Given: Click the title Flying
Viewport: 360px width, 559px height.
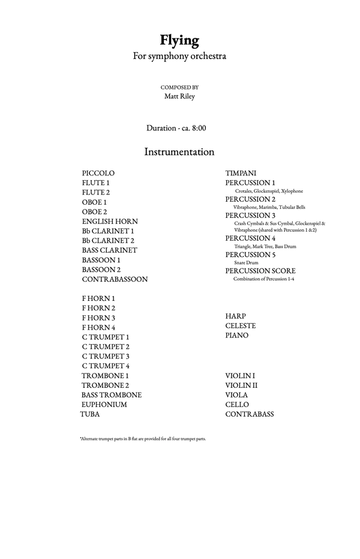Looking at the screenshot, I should (x=179, y=41).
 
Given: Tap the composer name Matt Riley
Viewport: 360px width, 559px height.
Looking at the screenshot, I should (x=179, y=96).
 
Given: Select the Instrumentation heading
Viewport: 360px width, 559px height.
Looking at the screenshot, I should (x=179, y=152).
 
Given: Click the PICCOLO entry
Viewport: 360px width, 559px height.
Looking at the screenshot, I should (x=98, y=173).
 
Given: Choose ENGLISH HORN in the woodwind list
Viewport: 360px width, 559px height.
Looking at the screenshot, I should (x=110, y=221).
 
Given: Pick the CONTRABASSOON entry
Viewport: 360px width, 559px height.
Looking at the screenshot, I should (x=115, y=279).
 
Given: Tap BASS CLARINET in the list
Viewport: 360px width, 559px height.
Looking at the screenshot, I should (x=109, y=250).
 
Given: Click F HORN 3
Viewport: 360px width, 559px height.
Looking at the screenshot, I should (x=98, y=318).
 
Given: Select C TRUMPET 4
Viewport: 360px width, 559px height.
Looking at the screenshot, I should (x=106, y=366).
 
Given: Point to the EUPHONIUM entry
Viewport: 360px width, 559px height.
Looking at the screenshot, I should (x=104, y=404).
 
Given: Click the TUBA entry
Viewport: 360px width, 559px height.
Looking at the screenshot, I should (x=90, y=414).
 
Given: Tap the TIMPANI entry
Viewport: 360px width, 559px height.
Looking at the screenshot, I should (x=241, y=173).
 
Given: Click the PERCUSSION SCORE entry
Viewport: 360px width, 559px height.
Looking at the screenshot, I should (x=260, y=271).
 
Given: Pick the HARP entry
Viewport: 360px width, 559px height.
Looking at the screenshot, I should (x=235, y=316).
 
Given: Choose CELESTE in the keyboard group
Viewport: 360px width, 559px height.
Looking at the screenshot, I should (x=241, y=325).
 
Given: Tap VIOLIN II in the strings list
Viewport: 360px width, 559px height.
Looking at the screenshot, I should (x=241, y=385).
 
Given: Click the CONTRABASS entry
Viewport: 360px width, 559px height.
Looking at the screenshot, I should (x=250, y=414).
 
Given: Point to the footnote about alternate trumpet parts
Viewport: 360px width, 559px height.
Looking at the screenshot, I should (x=142, y=439).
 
